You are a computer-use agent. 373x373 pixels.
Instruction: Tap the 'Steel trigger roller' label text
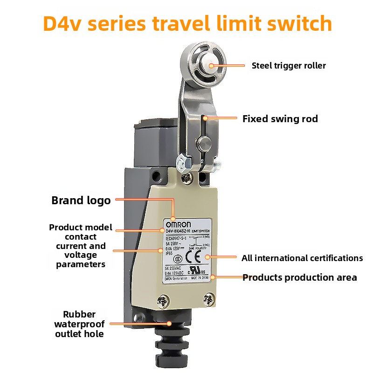(289, 66)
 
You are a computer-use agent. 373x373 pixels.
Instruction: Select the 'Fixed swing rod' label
(280, 119)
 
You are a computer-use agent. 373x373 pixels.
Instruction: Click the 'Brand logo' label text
(81, 200)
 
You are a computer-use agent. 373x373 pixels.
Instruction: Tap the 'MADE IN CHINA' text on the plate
(200, 278)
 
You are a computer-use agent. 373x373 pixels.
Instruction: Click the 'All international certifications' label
(302, 258)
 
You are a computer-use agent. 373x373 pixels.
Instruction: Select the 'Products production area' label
(300, 277)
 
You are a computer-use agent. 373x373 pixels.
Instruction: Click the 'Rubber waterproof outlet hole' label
(79, 324)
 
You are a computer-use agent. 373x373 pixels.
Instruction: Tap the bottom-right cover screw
(210, 297)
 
